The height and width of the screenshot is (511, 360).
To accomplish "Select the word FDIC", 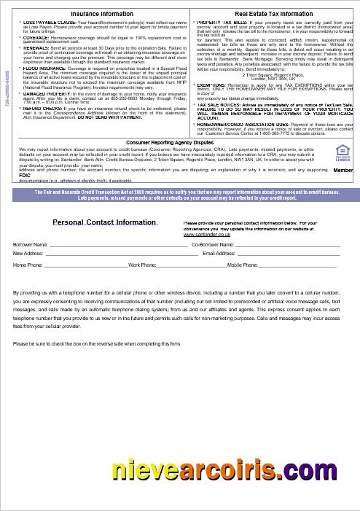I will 24,175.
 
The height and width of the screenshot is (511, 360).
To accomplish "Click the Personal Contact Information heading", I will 104,222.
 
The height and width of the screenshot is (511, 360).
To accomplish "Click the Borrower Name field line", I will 117,246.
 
